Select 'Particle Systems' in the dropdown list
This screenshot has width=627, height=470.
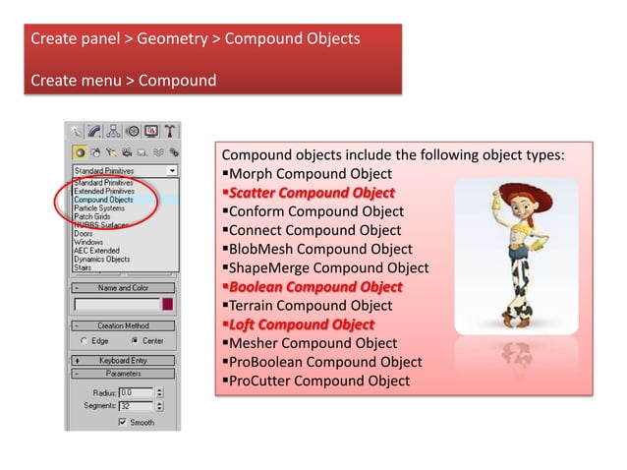tap(99, 208)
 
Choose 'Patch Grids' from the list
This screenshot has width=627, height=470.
tap(93, 216)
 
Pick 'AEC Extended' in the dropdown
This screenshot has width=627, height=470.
tap(96, 251)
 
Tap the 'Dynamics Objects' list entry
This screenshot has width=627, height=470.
tap(101, 260)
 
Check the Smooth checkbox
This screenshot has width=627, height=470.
tap(123, 423)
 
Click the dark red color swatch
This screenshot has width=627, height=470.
tap(168, 305)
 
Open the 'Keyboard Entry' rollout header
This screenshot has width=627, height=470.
tap(124, 360)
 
